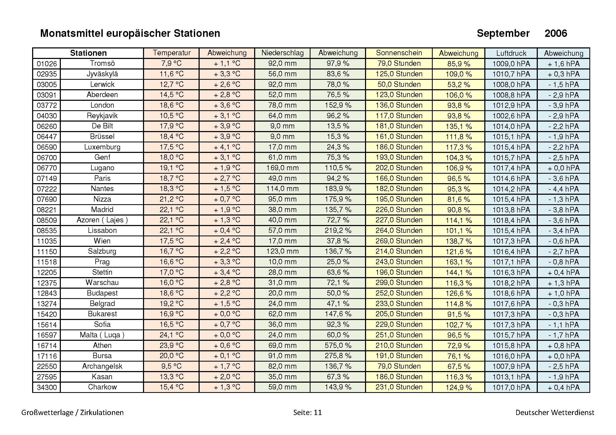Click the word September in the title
click(503, 33)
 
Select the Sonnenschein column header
click(399, 53)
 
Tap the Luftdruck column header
click(511, 53)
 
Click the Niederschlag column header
click(282, 53)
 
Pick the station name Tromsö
click(102, 63)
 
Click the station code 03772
click(47, 105)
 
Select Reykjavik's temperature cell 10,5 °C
click(171, 116)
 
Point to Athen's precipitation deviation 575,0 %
click(338, 345)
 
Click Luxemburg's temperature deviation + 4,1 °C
click(227, 147)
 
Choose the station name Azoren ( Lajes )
click(102, 220)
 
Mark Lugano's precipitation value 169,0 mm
click(282, 168)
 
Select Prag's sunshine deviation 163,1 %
click(459, 262)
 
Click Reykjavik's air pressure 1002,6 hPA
click(511, 116)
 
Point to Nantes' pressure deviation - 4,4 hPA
click(563, 189)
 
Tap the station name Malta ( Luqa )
click(102, 335)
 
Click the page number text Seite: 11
click(307, 412)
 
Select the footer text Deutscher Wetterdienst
click(555, 412)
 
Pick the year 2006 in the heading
click(556, 33)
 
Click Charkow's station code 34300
click(47, 387)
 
